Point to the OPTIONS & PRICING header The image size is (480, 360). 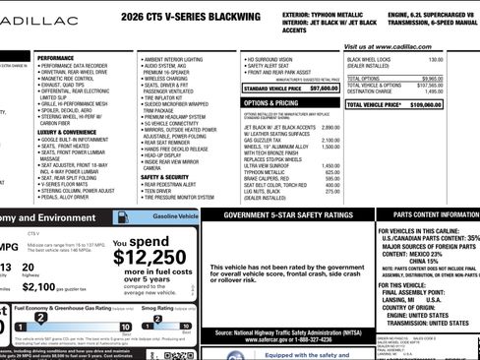[270, 102]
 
